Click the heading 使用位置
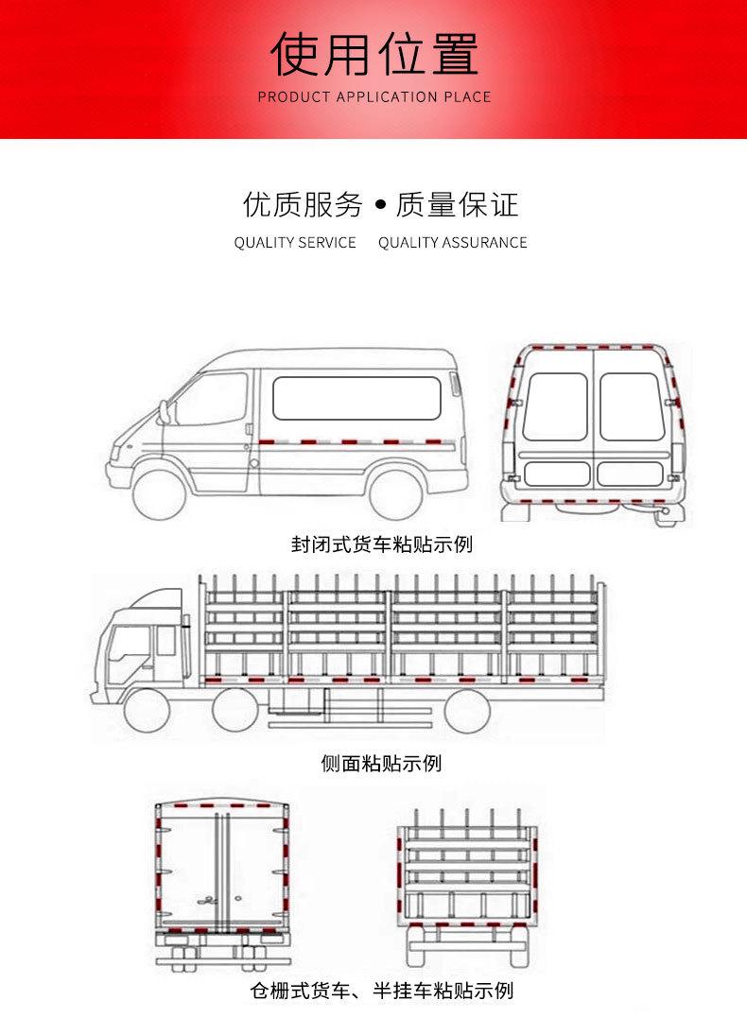[373, 54]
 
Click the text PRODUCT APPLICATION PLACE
[373, 97]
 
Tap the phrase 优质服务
[303, 204]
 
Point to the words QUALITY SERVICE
[295, 243]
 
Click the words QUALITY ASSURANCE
[452, 243]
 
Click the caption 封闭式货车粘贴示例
[381, 545]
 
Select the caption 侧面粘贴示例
[381, 763]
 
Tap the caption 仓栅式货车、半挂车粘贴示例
[381, 991]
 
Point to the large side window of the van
[356, 398]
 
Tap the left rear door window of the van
[556, 406]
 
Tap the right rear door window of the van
[630, 406]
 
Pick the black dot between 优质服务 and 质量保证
[381, 204]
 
